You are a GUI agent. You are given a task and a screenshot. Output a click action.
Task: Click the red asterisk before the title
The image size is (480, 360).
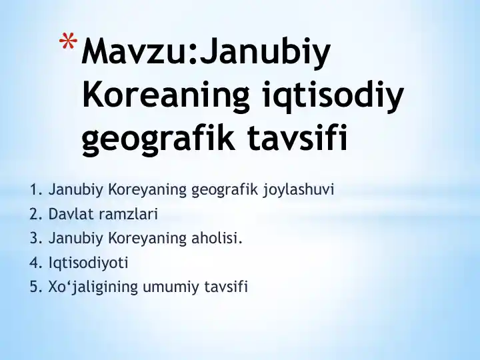[68, 41]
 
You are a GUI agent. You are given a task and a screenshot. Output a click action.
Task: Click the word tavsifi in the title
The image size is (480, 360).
[297, 138]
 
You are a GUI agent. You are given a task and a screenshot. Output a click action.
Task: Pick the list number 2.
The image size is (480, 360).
[35, 214]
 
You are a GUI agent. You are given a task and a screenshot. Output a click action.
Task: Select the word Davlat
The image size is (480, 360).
[71, 214]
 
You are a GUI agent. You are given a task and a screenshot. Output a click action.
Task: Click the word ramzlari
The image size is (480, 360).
[128, 214]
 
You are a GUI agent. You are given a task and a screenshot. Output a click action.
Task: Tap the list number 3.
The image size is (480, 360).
[35, 239]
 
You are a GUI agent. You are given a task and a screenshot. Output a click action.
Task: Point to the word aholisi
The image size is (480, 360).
[217, 238]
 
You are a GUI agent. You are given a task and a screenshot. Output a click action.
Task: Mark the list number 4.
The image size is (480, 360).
[35, 263]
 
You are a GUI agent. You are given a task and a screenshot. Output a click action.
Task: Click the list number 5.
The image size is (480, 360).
[35, 287]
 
